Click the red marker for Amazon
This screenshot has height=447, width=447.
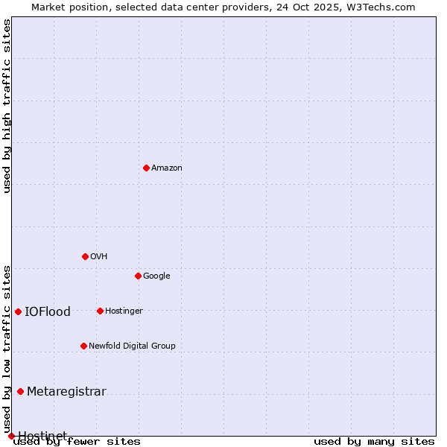[x=146, y=168]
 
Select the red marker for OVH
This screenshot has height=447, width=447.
[x=85, y=256]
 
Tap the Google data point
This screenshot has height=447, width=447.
[x=138, y=276]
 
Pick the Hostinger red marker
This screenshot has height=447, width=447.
[x=100, y=311]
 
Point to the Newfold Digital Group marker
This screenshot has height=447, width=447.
[x=83, y=346]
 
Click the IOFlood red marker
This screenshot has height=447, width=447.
[x=18, y=311]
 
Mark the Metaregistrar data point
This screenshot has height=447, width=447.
[x=20, y=391]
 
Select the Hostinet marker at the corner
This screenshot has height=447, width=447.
[x=11, y=436]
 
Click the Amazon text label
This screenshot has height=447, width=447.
[x=166, y=168]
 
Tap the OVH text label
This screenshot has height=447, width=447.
[x=98, y=256]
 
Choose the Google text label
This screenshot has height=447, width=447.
[x=156, y=276]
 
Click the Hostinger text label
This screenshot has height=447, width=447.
[x=124, y=311]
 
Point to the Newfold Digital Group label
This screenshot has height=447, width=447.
[x=132, y=346]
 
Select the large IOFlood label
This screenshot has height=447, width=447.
[x=48, y=311]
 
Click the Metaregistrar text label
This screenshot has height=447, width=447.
[x=66, y=391]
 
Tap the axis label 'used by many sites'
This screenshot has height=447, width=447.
[x=374, y=441]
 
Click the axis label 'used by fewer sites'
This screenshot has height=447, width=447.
[x=77, y=442]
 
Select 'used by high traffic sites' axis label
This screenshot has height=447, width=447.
[x=7, y=106]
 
